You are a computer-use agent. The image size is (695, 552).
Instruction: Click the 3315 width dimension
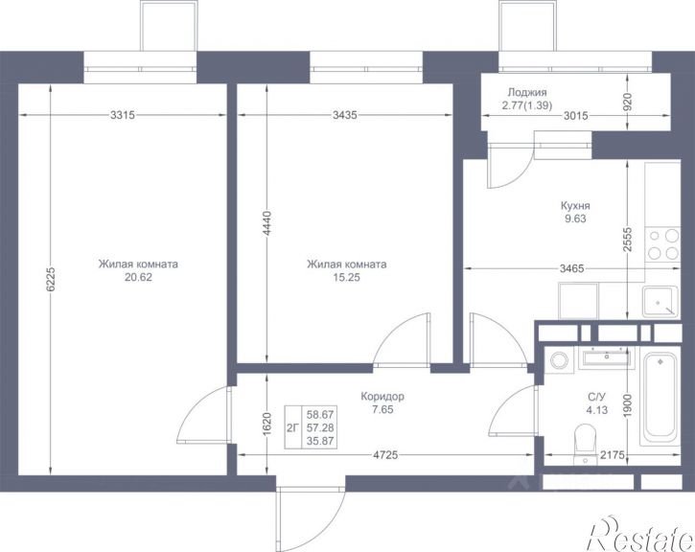coord(123,115)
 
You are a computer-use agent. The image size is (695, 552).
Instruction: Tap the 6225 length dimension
coord(51,279)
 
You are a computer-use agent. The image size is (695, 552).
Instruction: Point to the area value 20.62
coord(139,278)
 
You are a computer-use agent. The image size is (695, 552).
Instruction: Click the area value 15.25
coord(347,278)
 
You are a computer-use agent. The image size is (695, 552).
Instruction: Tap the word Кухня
coord(575,206)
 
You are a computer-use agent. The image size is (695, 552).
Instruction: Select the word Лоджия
coord(527,93)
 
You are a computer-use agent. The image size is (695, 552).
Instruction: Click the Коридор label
coord(382,396)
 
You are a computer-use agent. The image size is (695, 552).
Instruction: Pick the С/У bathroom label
coord(596,397)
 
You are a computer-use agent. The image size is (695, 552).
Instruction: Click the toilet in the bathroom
coord(585,444)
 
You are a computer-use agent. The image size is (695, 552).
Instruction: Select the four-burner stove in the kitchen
coord(662,244)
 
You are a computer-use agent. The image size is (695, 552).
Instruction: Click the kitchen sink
coord(660,302)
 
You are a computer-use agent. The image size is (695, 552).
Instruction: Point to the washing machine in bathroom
coord(559,359)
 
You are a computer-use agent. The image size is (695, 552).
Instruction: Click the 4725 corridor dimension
coord(385,455)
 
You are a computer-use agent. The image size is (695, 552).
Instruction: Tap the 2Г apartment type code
coord(292,428)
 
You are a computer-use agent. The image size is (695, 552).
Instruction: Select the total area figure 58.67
coord(320,415)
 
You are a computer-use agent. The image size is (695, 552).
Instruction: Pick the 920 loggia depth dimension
coord(628,102)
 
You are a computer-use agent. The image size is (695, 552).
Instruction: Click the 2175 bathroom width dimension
coord(613,455)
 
